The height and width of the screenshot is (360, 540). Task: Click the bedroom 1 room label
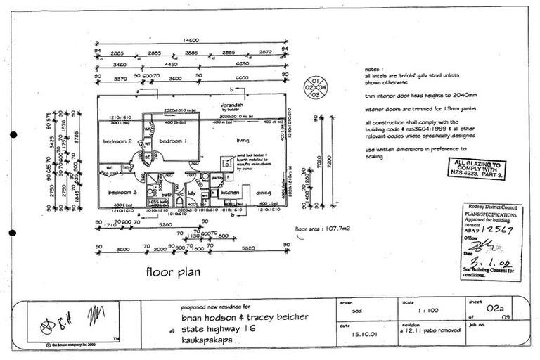click(x=172, y=141)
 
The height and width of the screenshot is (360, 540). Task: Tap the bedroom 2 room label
click(x=119, y=141)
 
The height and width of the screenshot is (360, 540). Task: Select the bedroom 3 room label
click(x=122, y=191)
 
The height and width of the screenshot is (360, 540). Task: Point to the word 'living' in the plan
click(x=243, y=140)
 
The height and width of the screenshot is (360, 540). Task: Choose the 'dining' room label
click(x=264, y=191)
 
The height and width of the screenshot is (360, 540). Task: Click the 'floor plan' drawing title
click(x=173, y=271)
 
